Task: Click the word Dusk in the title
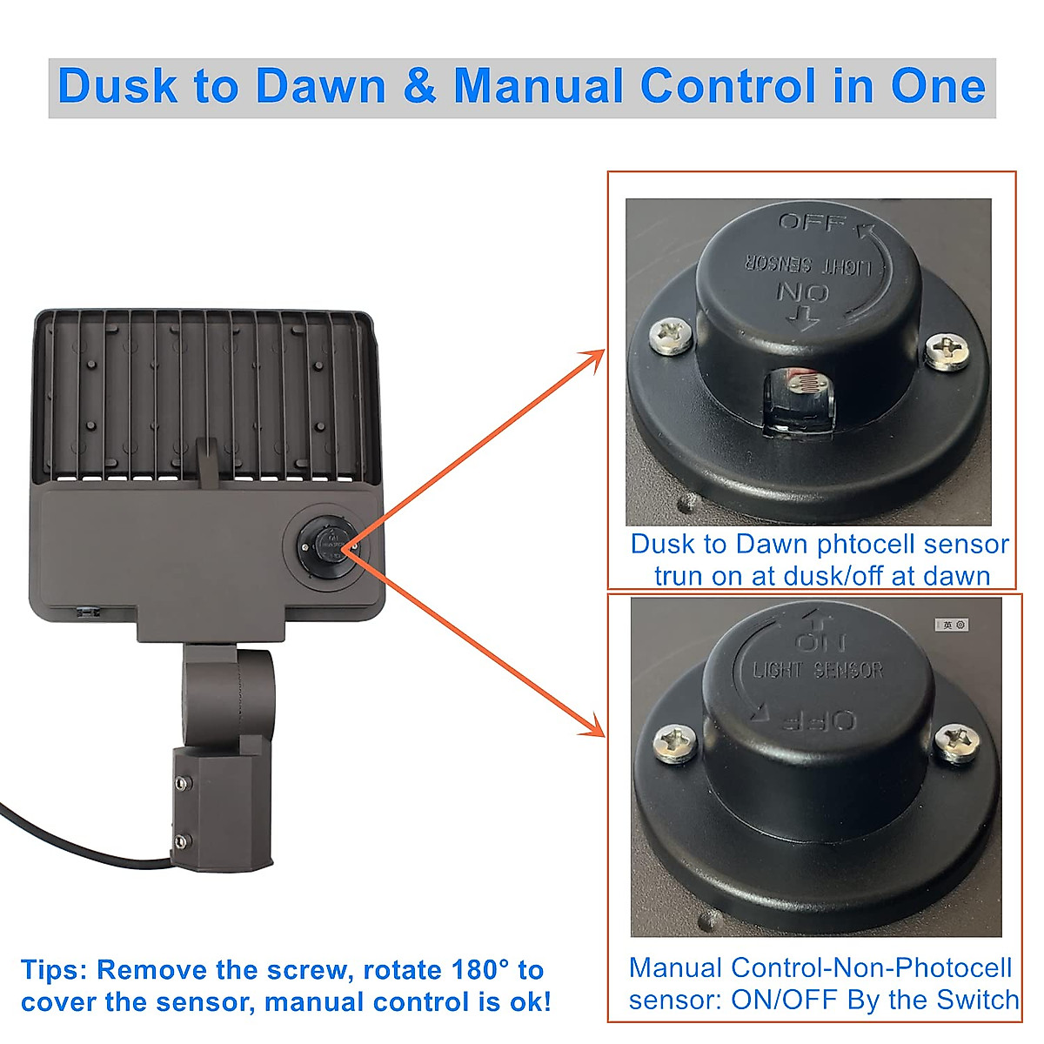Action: (117, 87)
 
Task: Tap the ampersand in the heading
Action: (419, 87)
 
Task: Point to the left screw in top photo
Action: (673, 334)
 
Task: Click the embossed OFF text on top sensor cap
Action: (811, 223)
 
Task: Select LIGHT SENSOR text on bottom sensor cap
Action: (818, 670)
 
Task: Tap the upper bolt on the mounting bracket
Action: (180, 783)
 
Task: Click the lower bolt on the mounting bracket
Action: (180, 840)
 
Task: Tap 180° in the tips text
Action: (485, 970)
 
